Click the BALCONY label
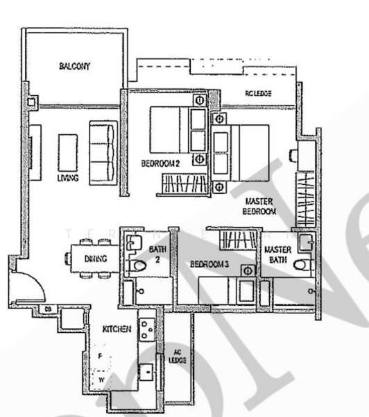[x=75, y=67]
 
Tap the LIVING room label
[x=67, y=179]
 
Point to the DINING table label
[x=94, y=259]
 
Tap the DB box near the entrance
[x=49, y=308]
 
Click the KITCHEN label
[x=117, y=328]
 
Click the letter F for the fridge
[x=100, y=355]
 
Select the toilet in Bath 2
[x=138, y=265]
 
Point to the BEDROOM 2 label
[x=160, y=164]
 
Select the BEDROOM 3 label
[x=209, y=264]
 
